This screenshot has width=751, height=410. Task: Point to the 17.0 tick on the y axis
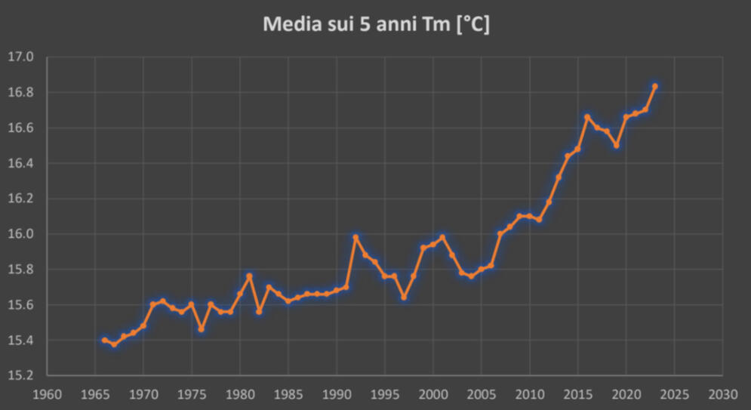coord(20,57)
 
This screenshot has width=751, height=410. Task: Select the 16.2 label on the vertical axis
coord(20,199)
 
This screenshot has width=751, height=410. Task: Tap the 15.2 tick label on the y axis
coord(20,375)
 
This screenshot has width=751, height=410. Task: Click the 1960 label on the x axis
coord(47,394)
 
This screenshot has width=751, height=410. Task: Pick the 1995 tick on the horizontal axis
coord(385,394)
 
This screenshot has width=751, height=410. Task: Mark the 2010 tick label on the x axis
coord(529,394)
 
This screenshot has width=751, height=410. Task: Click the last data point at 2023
coord(655,86)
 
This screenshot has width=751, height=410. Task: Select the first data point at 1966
coord(105,340)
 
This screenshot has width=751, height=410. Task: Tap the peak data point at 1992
coord(355,237)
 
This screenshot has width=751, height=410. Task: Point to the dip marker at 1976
coord(202,329)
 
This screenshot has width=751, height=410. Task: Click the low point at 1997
coord(404,297)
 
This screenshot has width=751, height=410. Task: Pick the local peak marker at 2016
coord(587,117)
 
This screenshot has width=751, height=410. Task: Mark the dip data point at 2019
coord(617,145)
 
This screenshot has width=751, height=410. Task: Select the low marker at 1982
coord(259,312)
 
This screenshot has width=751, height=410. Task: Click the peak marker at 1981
coord(250,276)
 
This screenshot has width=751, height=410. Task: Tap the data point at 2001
coord(442,237)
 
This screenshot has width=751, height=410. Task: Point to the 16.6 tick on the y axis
coord(20,128)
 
